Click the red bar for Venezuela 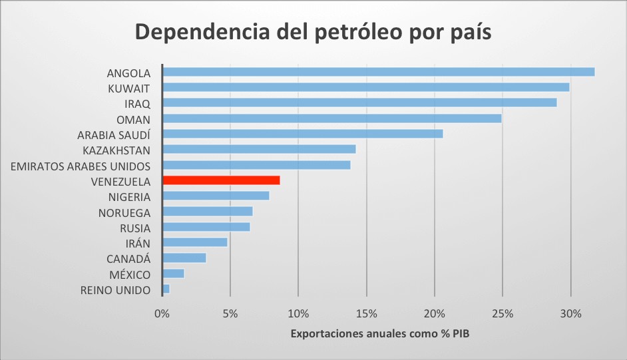[x=221, y=180]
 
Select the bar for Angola [x=378, y=72]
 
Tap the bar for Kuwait [x=365, y=87]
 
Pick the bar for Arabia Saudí [x=302, y=134]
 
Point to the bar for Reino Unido [x=166, y=289]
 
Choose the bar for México [x=173, y=273]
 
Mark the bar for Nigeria [x=216, y=196]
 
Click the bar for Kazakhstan [x=259, y=149]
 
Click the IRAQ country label [x=138, y=103]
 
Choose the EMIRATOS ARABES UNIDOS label [x=81, y=166]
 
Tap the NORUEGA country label [x=124, y=212]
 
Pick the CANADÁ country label [x=128, y=259]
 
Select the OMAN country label [x=133, y=119]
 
